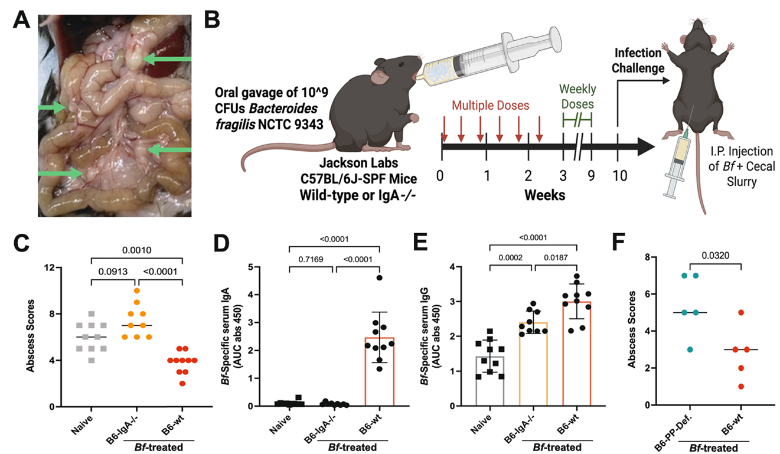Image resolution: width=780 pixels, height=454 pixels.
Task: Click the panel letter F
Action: click(615, 242)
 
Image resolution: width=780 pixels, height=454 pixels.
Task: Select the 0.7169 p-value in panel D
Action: click(312, 257)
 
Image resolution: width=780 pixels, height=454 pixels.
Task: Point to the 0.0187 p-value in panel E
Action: click(557, 257)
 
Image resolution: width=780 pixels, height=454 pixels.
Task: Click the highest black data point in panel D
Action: click(379, 277)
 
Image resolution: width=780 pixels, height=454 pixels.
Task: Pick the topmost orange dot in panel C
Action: click(136, 290)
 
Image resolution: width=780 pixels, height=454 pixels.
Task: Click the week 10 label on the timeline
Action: click(618, 175)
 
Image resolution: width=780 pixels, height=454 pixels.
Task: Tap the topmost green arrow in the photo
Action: click(168, 59)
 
